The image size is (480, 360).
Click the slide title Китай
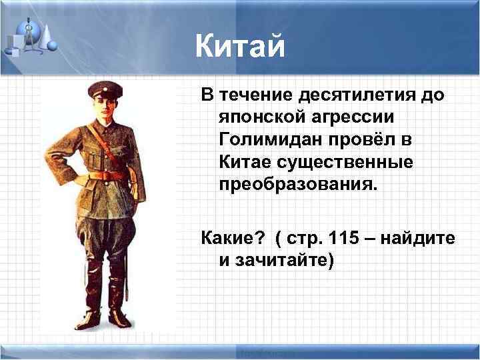240,47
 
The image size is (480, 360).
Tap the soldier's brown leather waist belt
107,176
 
